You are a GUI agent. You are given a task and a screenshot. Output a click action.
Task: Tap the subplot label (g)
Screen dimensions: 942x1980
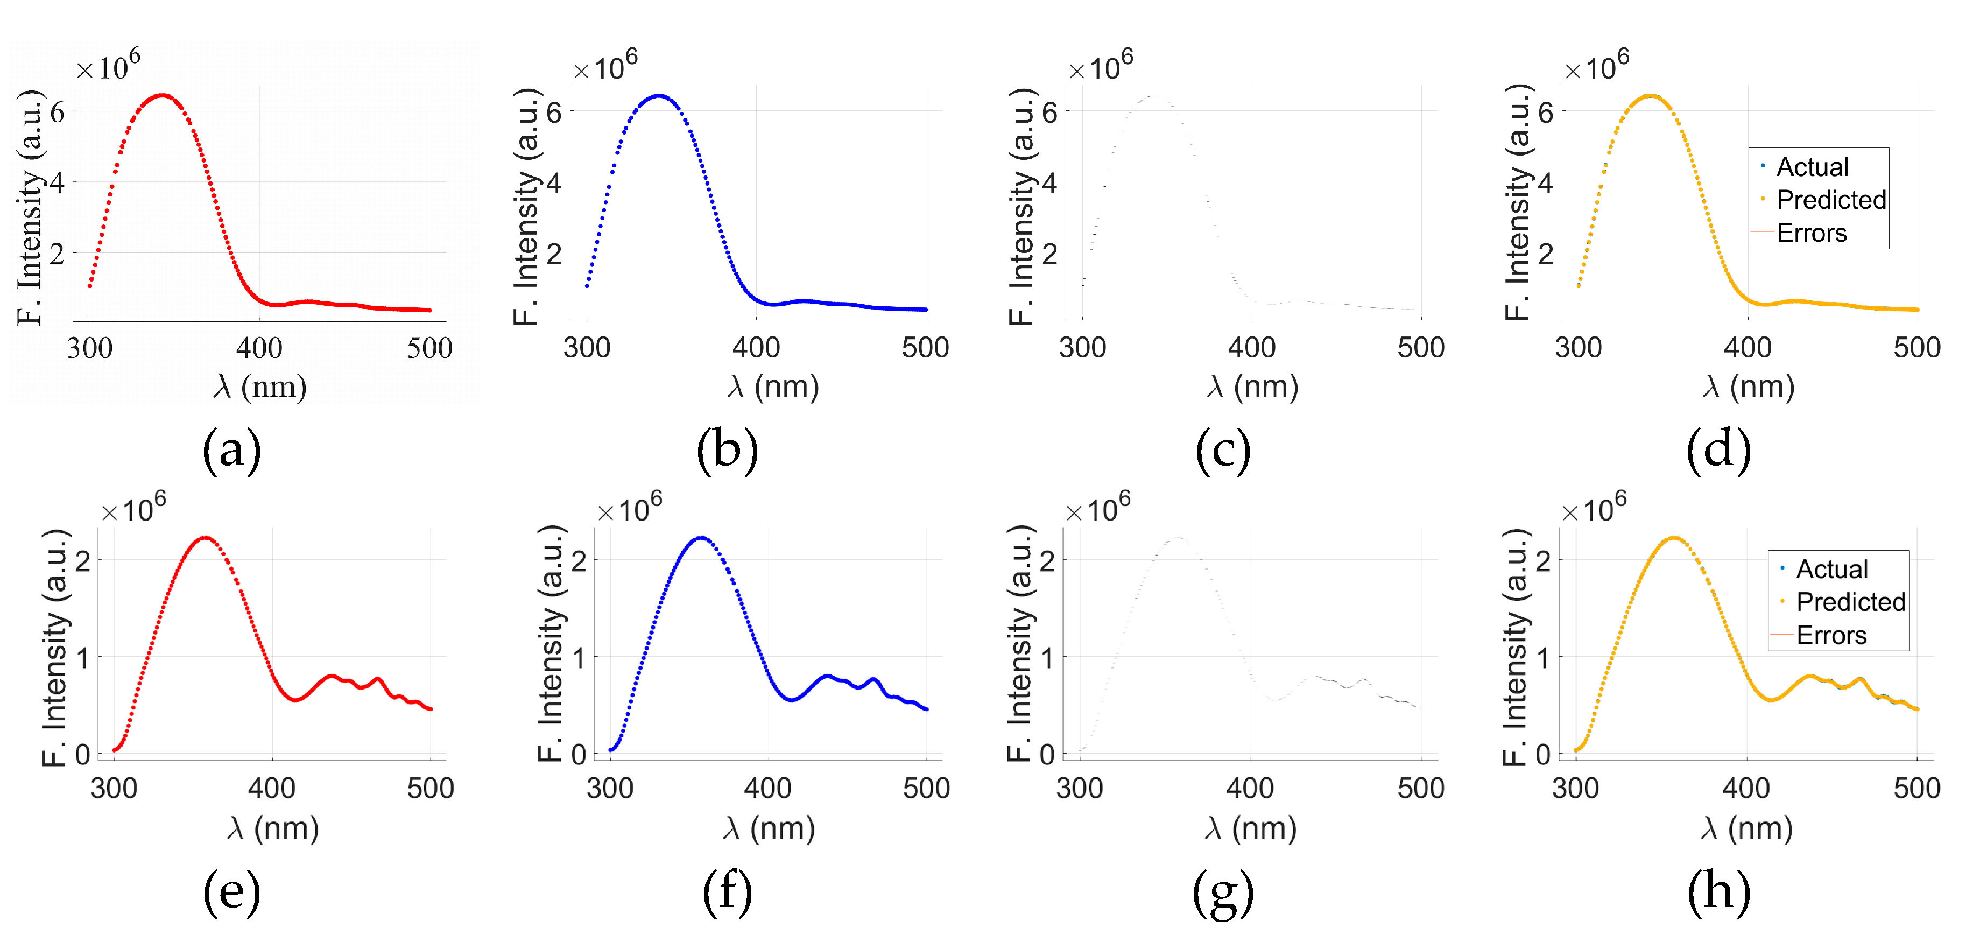1222,892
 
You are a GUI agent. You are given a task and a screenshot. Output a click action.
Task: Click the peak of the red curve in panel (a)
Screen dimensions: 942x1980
162,96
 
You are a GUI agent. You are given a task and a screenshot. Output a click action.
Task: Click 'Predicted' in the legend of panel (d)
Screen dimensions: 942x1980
1831,200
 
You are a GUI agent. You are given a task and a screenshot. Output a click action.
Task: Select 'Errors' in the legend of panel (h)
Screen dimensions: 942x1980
1831,635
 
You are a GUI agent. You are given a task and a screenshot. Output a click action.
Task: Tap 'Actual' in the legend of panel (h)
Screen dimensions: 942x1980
1831,569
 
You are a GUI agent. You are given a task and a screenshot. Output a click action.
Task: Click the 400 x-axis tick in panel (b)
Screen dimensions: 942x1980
756,348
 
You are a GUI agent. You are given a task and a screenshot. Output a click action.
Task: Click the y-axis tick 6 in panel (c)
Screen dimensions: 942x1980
1049,113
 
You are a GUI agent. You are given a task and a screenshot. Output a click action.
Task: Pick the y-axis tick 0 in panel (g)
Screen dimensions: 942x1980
1047,755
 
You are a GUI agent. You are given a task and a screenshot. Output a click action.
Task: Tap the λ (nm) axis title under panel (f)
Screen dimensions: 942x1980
769,828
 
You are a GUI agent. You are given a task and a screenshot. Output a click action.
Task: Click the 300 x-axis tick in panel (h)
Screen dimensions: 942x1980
1576,788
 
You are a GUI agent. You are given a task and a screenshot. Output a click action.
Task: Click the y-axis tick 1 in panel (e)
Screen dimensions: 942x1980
82,657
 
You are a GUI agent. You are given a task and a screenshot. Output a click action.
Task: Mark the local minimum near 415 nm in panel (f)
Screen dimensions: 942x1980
791,700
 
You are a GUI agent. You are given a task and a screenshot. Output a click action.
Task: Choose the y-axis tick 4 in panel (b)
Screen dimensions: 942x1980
553,183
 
